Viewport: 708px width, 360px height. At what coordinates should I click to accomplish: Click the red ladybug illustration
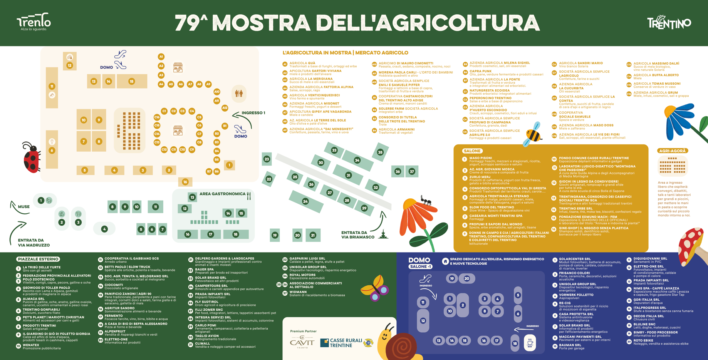[x=31, y=157]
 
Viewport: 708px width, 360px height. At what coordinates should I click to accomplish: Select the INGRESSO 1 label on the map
[x=253, y=113]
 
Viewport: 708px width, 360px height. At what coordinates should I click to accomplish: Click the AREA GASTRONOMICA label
[x=222, y=194]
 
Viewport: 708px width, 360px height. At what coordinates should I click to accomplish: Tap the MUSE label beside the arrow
[x=23, y=207]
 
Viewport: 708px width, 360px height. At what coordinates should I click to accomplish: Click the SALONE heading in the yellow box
[x=472, y=151]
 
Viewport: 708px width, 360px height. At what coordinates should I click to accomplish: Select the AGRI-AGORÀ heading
[x=673, y=151]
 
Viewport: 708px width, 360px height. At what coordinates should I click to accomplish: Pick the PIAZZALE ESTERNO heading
[x=38, y=259]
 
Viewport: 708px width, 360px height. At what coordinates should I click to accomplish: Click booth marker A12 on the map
[x=225, y=108]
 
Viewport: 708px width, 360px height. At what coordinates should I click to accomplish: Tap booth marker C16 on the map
[x=157, y=117]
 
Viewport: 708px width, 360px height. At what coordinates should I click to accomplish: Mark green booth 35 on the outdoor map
[x=380, y=152]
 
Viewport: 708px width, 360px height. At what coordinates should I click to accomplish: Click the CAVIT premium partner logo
[x=302, y=342]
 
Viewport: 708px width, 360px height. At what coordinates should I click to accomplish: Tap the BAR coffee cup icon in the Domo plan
[x=530, y=342]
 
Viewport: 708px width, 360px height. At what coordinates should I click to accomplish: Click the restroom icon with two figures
[x=239, y=93]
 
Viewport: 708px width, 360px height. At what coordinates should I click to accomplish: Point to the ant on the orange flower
[x=426, y=200]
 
